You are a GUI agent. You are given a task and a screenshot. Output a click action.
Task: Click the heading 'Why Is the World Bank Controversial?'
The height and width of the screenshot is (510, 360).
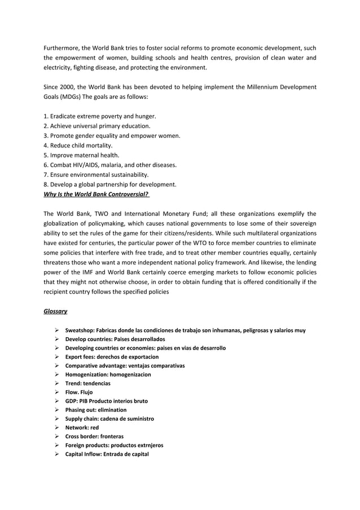pyautogui.click(x=96, y=194)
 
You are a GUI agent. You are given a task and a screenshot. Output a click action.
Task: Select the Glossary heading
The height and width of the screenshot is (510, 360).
pyautogui.click(x=56, y=311)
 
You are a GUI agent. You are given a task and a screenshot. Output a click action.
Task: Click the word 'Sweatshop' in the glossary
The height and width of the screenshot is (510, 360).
pyautogui.click(x=80, y=330)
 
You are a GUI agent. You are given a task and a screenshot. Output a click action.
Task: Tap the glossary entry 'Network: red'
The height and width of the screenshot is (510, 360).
pyautogui.click(x=82, y=428)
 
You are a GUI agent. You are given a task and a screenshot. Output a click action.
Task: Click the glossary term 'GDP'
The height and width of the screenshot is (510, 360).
pyautogui.click(x=71, y=401)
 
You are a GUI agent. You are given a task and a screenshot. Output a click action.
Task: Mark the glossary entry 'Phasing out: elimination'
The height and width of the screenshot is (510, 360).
pyautogui.click(x=96, y=410)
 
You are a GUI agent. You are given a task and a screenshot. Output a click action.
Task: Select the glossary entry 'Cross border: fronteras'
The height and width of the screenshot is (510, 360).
pyautogui.click(x=94, y=437)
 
